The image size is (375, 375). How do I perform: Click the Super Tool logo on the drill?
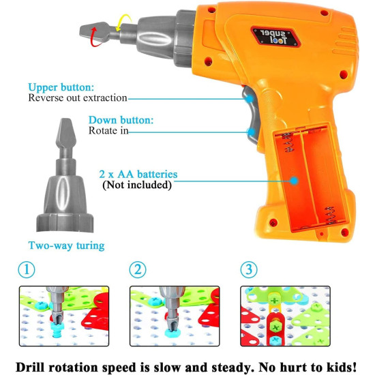click(x=275, y=37)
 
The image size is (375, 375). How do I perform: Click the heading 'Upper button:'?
click(x=61, y=87)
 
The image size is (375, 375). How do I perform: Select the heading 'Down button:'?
click(x=121, y=120)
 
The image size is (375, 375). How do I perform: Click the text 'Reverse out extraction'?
click(x=78, y=98)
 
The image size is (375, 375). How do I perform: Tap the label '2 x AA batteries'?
click(x=138, y=175)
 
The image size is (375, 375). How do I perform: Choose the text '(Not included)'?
click(x=137, y=185)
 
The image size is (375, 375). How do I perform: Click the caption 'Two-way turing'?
click(x=67, y=245)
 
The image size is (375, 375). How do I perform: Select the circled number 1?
click(x=27, y=270)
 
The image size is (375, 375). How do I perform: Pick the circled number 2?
click(x=138, y=270)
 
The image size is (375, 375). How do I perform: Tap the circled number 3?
click(x=249, y=270)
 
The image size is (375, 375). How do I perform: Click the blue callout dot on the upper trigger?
click(x=250, y=99)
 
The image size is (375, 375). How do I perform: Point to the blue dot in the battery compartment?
click(x=295, y=181)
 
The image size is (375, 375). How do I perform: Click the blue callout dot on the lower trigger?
click(x=251, y=132)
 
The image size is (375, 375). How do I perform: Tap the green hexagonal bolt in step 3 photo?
click(x=275, y=327)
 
